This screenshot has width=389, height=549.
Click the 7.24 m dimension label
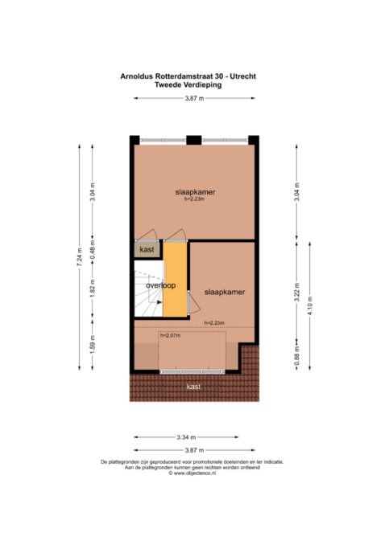79,257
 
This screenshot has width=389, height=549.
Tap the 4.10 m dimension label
309,305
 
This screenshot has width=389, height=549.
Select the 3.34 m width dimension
186,437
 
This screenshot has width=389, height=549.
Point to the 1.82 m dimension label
93,288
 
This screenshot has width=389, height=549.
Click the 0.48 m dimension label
93,250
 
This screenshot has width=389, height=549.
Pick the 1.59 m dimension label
93,345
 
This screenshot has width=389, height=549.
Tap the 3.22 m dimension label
296,292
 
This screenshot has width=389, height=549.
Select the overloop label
160,285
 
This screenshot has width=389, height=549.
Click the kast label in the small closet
147,249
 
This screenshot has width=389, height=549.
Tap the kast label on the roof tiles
193,386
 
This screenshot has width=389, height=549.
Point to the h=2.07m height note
171,335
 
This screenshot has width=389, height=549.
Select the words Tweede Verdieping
188,84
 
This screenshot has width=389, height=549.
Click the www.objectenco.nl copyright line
192,473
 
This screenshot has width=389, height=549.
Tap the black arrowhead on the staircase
159,301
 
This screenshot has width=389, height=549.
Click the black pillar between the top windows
193,140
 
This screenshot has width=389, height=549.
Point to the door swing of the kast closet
147,235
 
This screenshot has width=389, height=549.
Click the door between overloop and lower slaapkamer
193,302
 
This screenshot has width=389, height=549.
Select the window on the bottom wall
192,371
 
